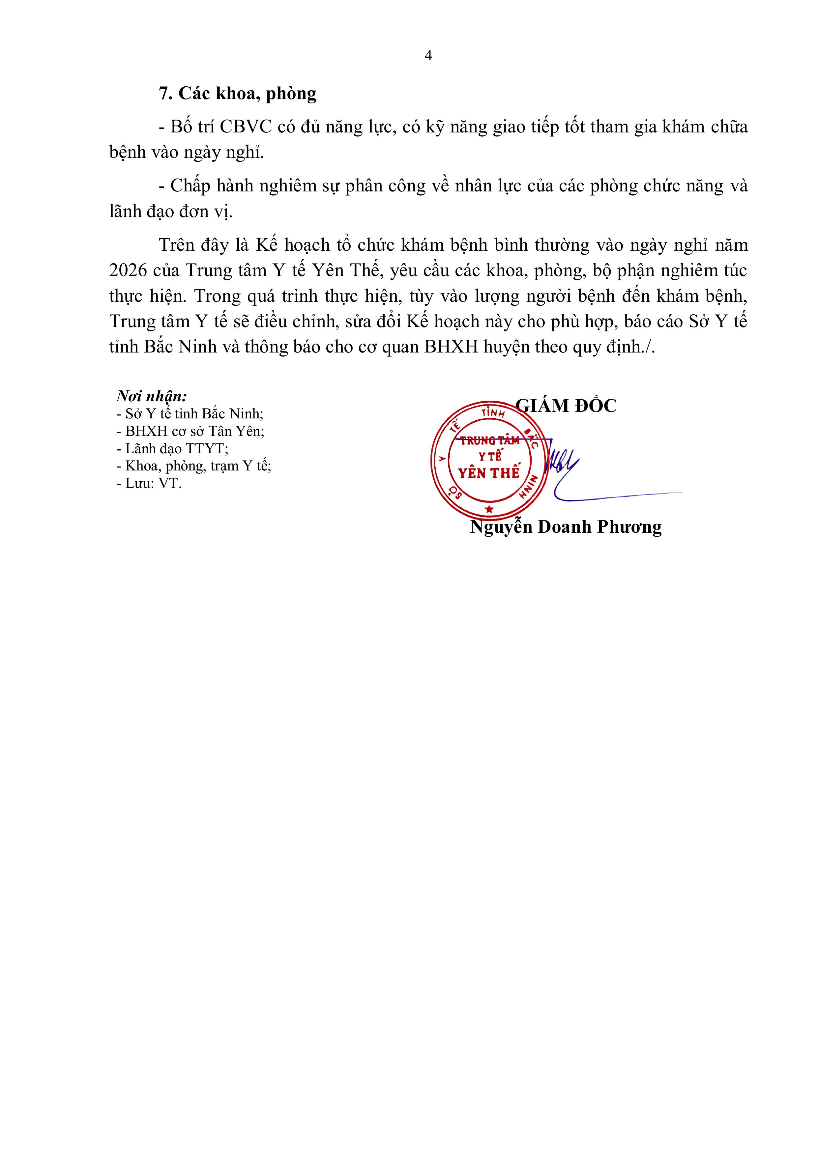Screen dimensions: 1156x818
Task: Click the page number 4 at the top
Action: coord(428,55)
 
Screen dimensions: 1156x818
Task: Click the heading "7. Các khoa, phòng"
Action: coord(238,94)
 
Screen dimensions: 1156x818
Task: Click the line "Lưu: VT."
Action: coord(149,483)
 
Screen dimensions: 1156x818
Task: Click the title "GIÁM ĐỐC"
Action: coord(566,406)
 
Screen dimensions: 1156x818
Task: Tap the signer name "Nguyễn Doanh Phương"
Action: coord(566,527)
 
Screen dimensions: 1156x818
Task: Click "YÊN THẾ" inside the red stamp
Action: coord(488,473)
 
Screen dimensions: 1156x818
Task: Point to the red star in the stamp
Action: coord(488,510)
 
